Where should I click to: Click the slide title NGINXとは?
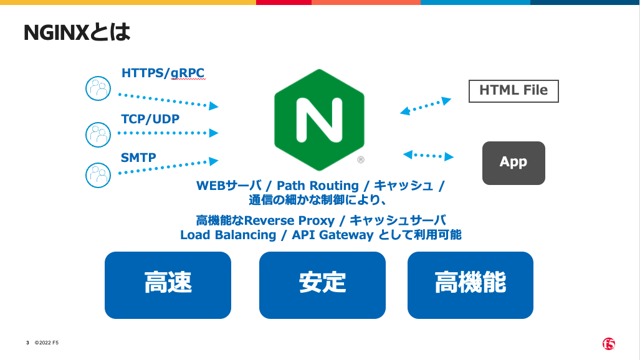[x=77, y=32]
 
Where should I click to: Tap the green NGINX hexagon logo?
[x=319, y=120]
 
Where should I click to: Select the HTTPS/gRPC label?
[x=163, y=73]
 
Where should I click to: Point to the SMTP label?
[x=138, y=158]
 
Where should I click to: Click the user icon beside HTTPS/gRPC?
[x=98, y=88]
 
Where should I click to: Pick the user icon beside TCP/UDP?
[x=98, y=134]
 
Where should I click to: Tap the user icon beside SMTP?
[x=98, y=175]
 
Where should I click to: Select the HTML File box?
[x=513, y=90]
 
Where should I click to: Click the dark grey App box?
[x=513, y=163]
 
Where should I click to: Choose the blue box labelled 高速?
[x=168, y=285]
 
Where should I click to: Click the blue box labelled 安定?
[x=322, y=285]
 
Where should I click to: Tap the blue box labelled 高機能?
[x=470, y=285]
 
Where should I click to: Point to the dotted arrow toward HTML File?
[x=426, y=106]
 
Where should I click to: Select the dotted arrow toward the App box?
[x=428, y=155]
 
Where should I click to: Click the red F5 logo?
[x=609, y=344]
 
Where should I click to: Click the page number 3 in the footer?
[x=27, y=343]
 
